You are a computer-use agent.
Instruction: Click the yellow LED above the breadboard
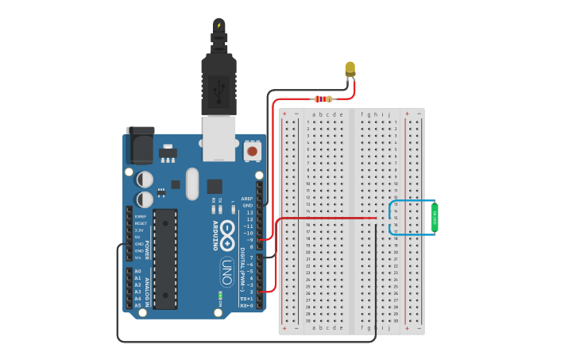pyautogui.click(x=350, y=69)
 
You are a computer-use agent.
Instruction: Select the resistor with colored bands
pyautogui.click(x=323, y=99)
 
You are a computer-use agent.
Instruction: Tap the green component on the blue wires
pyautogui.click(x=435, y=218)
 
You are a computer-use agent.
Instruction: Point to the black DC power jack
pyautogui.click(x=140, y=146)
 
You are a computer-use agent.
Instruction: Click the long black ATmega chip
pyautogui.click(x=165, y=258)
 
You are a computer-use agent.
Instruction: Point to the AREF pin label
pyautogui.click(x=247, y=199)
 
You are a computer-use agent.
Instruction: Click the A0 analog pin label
pyautogui.click(x=137, y=272)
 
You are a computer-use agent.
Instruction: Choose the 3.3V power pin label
pyautogui.click(x=139, y=230)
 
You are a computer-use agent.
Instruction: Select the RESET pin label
pyautogui.click(x=140, y=223)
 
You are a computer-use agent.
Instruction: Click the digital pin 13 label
pyautogui.click(x=249, y=212)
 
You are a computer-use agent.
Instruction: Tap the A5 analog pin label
pyautogui.click(x=137, y=305)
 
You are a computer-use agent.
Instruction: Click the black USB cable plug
pyautogui.click(x=219, y=79)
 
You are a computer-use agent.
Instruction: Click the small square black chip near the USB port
pyautogui.click(x=215, y=186)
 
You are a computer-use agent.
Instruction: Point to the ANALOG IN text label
pyautogui.click(x=148, y=288)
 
